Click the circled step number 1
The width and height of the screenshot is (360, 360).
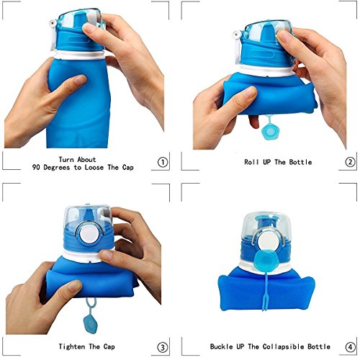[x=164, y=162]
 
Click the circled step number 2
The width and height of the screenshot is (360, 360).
[x=351, y=162]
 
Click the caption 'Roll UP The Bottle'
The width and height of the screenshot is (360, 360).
[x=276, y=162]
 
